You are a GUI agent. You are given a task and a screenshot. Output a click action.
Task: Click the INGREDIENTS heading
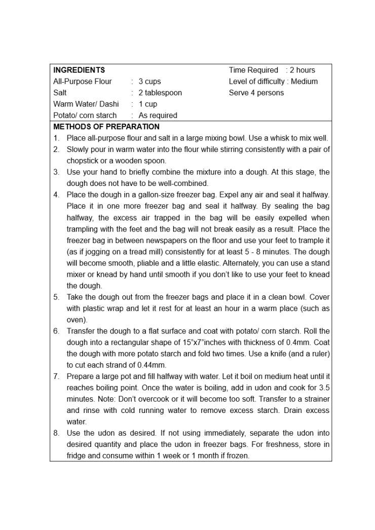pos(79,70)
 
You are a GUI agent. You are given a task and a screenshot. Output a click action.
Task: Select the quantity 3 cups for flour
pos(149,82)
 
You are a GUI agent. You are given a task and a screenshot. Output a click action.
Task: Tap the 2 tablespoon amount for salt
pos(160,93)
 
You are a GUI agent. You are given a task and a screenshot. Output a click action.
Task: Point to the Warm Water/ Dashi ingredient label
pos(86,104)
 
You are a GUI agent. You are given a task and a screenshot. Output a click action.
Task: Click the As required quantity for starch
pos(158,116)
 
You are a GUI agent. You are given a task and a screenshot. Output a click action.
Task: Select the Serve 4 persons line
pos(256,93)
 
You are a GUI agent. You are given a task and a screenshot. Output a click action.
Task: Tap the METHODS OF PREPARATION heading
pos(106,127)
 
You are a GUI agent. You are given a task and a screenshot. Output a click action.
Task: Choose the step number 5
pos(56,297)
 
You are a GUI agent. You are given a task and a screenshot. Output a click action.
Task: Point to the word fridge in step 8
pos(77,456)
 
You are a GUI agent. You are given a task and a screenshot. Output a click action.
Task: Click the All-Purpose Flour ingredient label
pos(83,82)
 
